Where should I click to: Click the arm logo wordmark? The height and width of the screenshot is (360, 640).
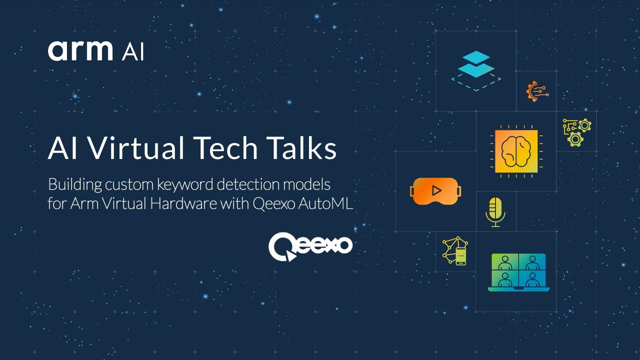80,51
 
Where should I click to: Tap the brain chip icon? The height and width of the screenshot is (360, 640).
516,151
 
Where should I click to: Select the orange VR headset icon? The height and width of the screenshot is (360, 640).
435,191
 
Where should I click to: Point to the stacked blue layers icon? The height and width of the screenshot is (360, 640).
476,70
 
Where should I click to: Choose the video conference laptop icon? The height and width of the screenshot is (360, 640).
518,272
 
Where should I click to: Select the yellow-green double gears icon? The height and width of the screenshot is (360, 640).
577,132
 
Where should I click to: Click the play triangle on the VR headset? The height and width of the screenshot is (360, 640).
436,190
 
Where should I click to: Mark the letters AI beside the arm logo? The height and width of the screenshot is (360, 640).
132,52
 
